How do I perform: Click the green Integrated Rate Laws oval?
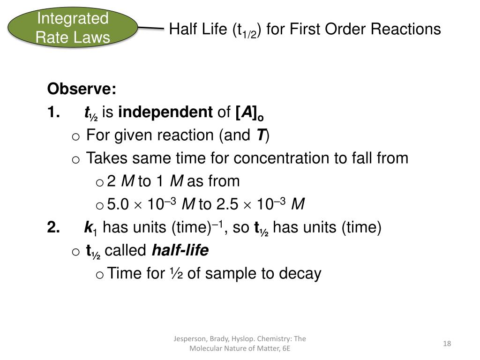[x=73, y=28]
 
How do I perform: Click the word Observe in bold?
[x=82, y=89]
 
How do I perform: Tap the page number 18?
[x=447, y=344]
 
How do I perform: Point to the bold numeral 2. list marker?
[x=53, y=228]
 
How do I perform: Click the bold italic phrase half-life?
[x=180, y=251]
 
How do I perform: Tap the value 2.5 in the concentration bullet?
[x=226, y=205]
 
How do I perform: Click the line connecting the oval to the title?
[x=151, y=28]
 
